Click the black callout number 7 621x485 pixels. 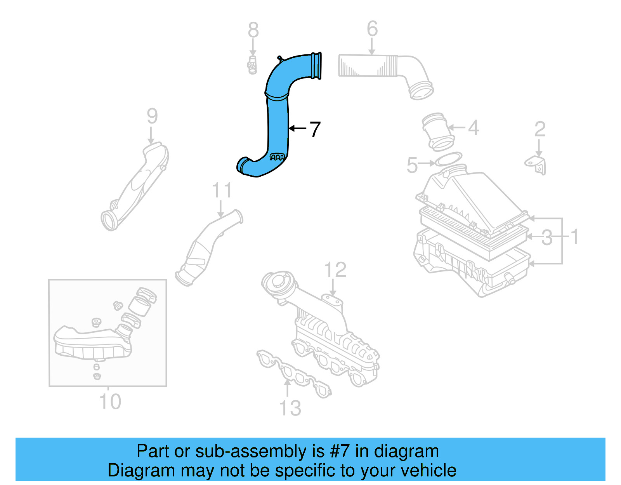click(x=315, y=129)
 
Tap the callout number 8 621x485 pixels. click(x=253, y=30)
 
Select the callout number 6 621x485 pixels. click(x=372, y=29)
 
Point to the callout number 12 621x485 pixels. click(x=335, y=270)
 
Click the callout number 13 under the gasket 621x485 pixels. click(x=290, y=408)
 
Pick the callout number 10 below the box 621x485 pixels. click(x=110, y=402)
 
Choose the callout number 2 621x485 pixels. click(x=539, y=129)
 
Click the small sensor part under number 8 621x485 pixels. click(x=252, y=65)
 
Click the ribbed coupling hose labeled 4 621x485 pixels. click(x=437, y=131)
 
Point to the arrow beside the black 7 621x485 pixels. click(x=297, y=128)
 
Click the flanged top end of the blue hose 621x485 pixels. click(x=316, y=66)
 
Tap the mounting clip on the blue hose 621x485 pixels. click(x=277, y=157)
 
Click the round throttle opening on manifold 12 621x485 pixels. click(x=278, y=282)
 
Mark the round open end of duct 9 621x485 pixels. click(x=109, y=220)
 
